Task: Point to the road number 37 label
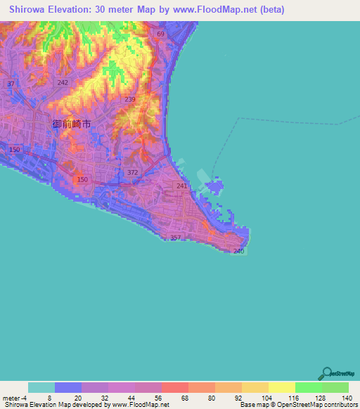(11, 84)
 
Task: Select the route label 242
(63, 82)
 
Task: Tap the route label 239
(129, 100)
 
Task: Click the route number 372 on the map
(133, 172)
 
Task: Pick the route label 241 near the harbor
(182, 186)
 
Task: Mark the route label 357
(176, 238)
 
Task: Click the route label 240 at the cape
(238, 251)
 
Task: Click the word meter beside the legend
(11, 398)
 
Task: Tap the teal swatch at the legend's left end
(41, 387)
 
